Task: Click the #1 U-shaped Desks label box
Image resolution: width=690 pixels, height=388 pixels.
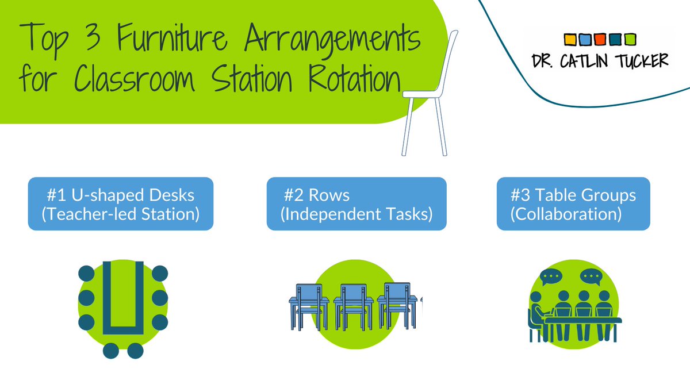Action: point(121,204)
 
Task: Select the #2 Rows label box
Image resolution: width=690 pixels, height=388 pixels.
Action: point(356,204)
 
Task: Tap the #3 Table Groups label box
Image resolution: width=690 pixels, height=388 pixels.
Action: point(573,204)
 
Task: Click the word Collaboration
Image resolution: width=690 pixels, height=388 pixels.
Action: point(566,214)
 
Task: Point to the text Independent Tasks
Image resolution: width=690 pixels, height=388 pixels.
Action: point(356,214)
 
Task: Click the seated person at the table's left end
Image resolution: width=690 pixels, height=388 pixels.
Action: point(536,316)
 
